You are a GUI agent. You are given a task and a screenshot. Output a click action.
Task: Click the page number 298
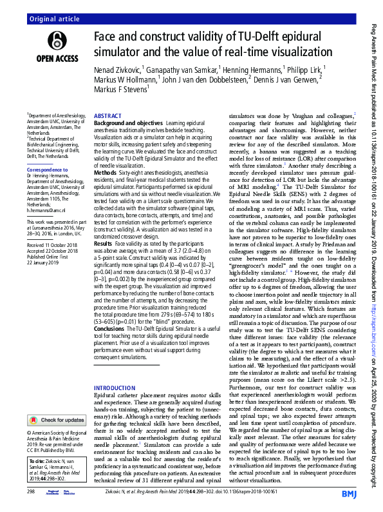[x=31, y=491]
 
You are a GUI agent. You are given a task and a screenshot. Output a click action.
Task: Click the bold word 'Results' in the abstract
[x=104, y=262]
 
